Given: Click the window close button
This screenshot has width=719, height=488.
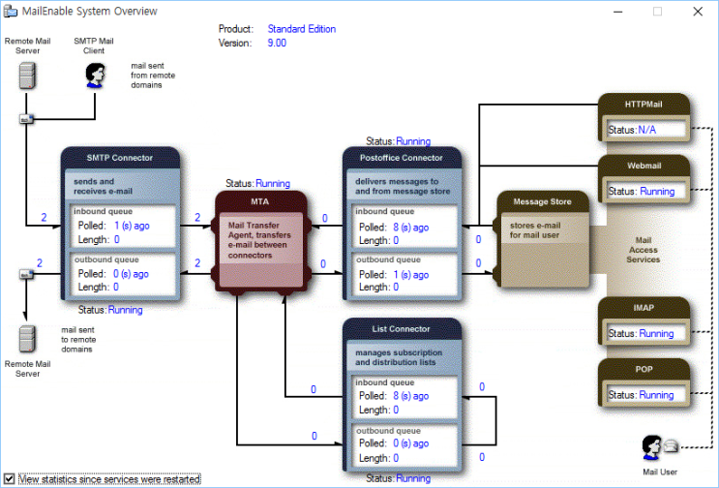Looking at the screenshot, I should coord(699,12).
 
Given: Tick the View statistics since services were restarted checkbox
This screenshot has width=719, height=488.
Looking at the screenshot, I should coord(9,478).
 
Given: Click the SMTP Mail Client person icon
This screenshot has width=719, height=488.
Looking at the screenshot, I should coord(95,75).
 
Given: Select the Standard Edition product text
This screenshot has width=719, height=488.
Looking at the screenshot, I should coord(302,29).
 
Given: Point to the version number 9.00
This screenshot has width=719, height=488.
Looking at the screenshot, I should coord(277,44).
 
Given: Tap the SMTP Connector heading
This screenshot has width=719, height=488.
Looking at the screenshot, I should coord(120,158).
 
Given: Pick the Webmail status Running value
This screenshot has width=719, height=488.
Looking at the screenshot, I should coord(656,192).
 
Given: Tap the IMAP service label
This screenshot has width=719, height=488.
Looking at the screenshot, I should coord(644,307).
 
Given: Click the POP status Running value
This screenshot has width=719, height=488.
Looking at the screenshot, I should coord(656,395).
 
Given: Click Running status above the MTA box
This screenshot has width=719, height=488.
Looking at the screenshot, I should coord(272,183).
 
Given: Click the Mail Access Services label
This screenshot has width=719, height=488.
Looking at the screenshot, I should coord(644,250).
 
